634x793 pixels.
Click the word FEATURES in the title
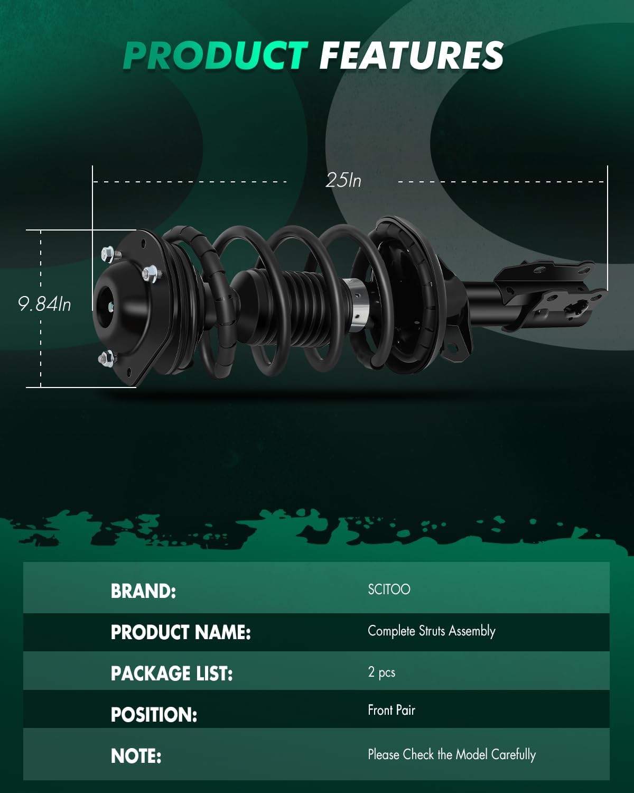point(412,56)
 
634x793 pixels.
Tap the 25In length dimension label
point(343,181)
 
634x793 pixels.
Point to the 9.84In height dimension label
point(44,304)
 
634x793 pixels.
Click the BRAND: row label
point(143,591)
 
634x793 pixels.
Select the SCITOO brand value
point(389,589)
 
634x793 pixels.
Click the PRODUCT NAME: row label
point(181,632)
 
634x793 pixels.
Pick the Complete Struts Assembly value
point(431,631)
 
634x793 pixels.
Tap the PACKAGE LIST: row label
point(172,674)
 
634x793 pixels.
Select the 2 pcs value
point(381,672)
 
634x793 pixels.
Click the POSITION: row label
point(154,715)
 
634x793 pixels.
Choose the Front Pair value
point(391,710)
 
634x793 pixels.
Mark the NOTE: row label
point(136,756)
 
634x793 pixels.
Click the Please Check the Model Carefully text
point(452,754)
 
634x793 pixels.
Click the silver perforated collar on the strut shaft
point(357,304)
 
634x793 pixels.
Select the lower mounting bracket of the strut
point(549,296)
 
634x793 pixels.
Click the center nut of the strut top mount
point(111,306)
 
